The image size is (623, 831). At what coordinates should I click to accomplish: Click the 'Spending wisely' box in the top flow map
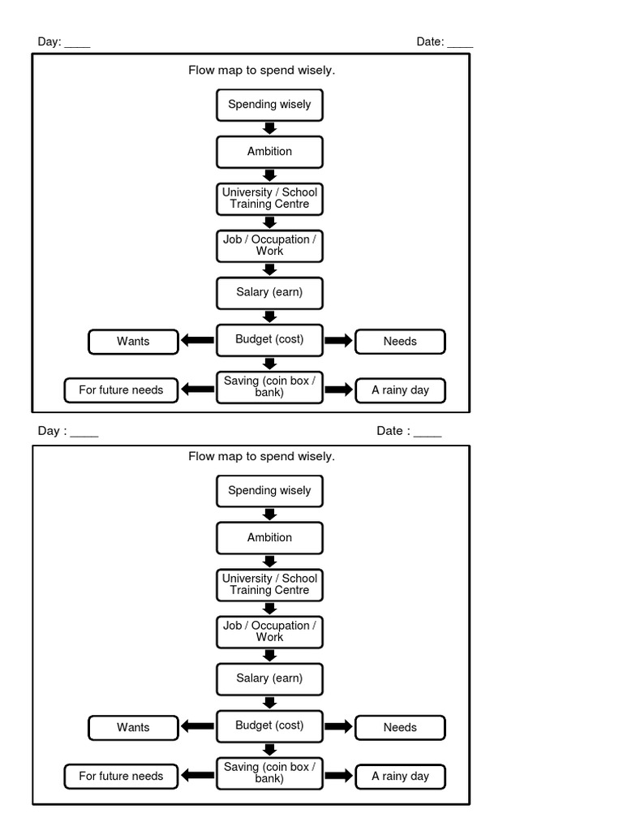coord(269,105)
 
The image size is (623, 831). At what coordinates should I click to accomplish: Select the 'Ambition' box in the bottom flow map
coord(269,538)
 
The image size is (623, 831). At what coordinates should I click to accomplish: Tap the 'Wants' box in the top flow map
coord(133,342)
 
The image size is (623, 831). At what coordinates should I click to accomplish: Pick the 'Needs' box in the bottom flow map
coord(400,728)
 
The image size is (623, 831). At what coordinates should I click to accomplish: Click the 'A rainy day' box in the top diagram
coord(400,390)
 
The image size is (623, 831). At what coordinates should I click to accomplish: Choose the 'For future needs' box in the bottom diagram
coord(121,777)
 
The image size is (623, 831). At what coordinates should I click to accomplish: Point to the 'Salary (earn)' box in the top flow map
coord(269,292)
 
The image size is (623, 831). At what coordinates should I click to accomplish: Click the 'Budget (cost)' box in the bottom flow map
coord(269,726)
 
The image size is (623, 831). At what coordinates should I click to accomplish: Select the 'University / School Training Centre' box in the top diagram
coord(269,199)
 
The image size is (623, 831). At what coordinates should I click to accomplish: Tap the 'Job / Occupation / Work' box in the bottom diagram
coord(269,631)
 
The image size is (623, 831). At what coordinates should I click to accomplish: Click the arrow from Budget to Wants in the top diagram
coord(197,341)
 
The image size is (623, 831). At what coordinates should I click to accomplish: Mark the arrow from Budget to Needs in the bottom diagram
coord(339,727)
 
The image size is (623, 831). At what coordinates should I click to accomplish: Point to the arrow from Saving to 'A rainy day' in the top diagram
coord(339,390)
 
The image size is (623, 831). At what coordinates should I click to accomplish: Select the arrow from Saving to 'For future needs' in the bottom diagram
coord(197,776)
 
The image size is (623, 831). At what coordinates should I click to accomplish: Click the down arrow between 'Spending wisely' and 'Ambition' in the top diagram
coord(270,128)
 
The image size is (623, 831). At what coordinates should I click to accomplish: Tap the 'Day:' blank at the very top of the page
coord(77,43)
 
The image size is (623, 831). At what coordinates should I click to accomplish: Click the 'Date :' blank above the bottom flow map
coord(428,432)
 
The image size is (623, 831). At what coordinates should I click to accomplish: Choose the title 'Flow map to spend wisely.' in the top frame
coord(261,71)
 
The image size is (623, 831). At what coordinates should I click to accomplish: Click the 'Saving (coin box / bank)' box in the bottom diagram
coord(269,773)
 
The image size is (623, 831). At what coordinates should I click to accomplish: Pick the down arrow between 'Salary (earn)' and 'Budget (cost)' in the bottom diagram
coord(270,702)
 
